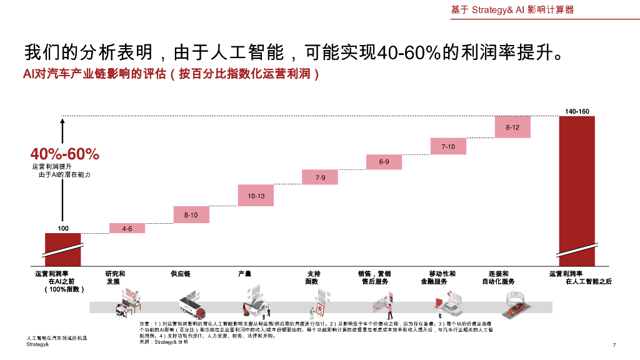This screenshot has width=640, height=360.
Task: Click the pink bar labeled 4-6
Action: tap(127, 228)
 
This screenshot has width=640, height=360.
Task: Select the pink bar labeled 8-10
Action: tap(191, 215)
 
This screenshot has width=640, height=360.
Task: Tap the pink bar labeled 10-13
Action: tap(256, 196)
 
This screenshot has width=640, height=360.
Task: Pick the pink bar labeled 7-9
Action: tap(320, 177)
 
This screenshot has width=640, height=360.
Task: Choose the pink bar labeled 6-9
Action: tap(384, 162)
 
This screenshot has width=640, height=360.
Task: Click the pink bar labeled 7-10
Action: tap(448, 146)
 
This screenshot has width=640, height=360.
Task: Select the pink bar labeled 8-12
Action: tap(512, 127)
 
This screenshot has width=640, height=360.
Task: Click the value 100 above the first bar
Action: tap(63, 228)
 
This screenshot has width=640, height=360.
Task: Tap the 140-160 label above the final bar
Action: tap(577, 111)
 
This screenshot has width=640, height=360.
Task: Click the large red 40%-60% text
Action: tap(65, 154)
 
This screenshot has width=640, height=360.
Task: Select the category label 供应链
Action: tap(181, 274)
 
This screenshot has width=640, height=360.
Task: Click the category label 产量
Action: tap(245, 274)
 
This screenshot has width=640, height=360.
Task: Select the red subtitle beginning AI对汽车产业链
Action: tap(171, 74)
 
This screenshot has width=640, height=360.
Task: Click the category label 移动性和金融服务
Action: tap(442, 277)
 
